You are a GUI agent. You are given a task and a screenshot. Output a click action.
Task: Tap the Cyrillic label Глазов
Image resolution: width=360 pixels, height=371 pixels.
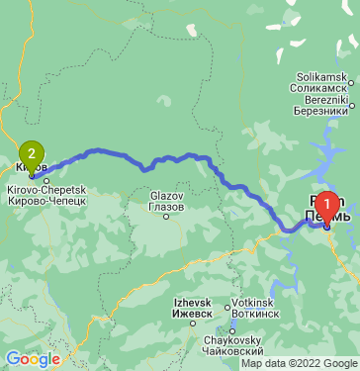(166, 208)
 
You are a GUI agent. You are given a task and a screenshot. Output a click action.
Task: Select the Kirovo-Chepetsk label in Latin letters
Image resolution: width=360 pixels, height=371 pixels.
(47, 189)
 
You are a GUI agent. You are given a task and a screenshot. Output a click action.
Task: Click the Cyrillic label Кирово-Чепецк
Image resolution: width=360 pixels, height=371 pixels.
(47, 200)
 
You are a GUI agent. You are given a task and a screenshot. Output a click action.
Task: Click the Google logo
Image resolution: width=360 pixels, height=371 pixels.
(32, 359)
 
